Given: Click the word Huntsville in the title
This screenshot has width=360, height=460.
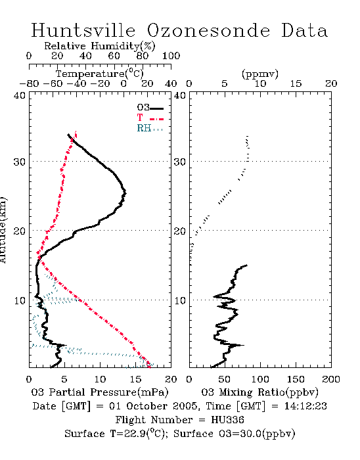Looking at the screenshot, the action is pyautogui.click(x=83, y=30).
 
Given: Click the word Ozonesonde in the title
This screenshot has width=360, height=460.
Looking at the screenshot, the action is pyautogui.click(x=208, y=30).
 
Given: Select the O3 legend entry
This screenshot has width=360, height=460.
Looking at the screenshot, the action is pyautogui.click(x=150, y=108).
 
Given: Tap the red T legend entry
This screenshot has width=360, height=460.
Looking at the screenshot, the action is pyautogui.click(x=150, y=118).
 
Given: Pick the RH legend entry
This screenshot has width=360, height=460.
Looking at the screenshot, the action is pyautogui.click(x=150, y=129).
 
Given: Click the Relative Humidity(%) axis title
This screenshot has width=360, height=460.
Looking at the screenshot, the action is pyautogui.click(x=100, y=46).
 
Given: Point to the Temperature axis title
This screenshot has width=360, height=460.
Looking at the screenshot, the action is pyautogui.click(x=100, y=74).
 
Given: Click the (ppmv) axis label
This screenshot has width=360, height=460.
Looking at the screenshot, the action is pyautogui.click(x=260, y=74).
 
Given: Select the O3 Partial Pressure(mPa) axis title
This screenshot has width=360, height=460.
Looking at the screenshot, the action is pyautogui.click(x=100, y=392).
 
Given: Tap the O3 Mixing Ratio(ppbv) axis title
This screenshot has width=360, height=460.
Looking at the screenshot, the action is pyautogui.click(x=259, y=392).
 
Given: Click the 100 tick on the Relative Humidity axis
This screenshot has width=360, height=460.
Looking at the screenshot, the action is pyautogui.click(x=171, y=55).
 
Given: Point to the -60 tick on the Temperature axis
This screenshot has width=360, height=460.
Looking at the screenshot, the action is pyautogui.click(x=53, y=83).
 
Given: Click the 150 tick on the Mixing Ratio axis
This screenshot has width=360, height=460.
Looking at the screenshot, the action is pyautogui.click(x=296, y=379).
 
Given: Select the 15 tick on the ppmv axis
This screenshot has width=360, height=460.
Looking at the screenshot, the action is pyautogui.click(x=296, y=83).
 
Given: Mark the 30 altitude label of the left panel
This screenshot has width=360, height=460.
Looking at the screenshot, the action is pyautogui.click(x=19, y=162).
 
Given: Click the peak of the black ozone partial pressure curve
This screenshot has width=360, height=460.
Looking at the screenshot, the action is pyautogui.click(x=125, y=193).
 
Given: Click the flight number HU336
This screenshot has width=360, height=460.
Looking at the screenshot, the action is pyautogui.click(x=227, y=420).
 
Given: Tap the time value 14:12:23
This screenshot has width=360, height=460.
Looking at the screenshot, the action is pyautogui.click(x=305, y=406).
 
